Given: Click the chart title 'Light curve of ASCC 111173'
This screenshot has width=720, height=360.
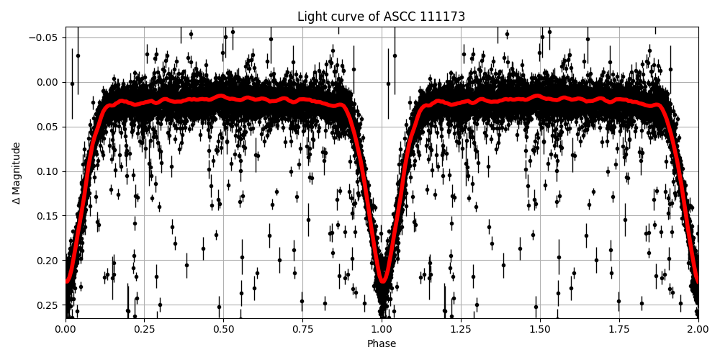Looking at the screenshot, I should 382,17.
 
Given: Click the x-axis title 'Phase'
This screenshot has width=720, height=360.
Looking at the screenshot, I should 382,343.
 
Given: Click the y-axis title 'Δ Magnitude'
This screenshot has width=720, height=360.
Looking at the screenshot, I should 17,173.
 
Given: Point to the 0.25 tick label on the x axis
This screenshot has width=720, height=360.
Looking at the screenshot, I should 144,329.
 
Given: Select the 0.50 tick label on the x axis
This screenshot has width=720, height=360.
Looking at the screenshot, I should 223,329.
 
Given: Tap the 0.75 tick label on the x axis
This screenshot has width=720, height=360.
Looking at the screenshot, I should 302,329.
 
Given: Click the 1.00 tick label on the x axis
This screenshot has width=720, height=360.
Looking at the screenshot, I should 382,329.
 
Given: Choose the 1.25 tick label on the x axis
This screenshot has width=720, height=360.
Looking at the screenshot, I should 461,329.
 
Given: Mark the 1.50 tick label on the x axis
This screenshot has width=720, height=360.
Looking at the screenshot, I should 540,329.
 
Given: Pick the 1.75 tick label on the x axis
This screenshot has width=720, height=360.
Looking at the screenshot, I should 619,329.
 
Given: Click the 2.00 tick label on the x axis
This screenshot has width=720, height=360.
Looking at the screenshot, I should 698,329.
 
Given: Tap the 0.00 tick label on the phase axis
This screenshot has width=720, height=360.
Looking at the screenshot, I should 66,329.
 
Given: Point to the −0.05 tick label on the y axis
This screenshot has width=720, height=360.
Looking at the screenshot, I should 45,37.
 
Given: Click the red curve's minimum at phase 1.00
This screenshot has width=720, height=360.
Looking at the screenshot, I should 382,281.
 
